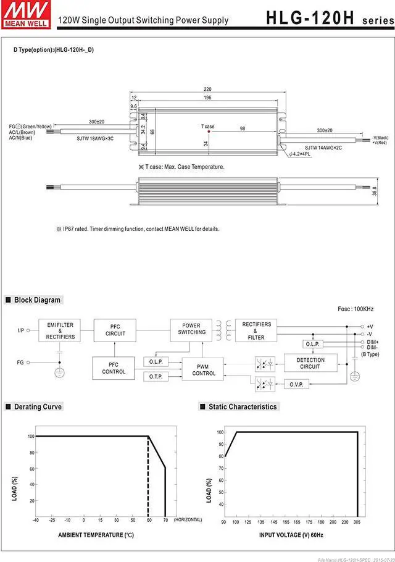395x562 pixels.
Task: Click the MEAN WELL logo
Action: coord(19,14)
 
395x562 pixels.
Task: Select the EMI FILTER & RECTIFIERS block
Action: coord(60,330)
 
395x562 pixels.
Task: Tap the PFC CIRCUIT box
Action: coord(115,330)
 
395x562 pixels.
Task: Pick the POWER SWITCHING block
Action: coord(191,329)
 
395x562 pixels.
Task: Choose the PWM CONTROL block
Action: coord(204,370)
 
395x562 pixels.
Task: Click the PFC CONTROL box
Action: coord(114,368)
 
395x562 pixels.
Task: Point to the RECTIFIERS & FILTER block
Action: coord(256,330)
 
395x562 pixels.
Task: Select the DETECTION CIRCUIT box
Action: coord(310,363)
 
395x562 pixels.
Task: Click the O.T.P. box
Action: coord(154,376)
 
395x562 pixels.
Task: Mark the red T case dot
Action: coord(209,131)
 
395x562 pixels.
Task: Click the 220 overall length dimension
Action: coord(208,89)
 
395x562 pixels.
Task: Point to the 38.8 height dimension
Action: coord(374,192)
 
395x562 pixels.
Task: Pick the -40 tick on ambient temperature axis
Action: coord(36,521)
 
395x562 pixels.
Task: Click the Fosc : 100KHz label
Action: coord(355,309)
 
